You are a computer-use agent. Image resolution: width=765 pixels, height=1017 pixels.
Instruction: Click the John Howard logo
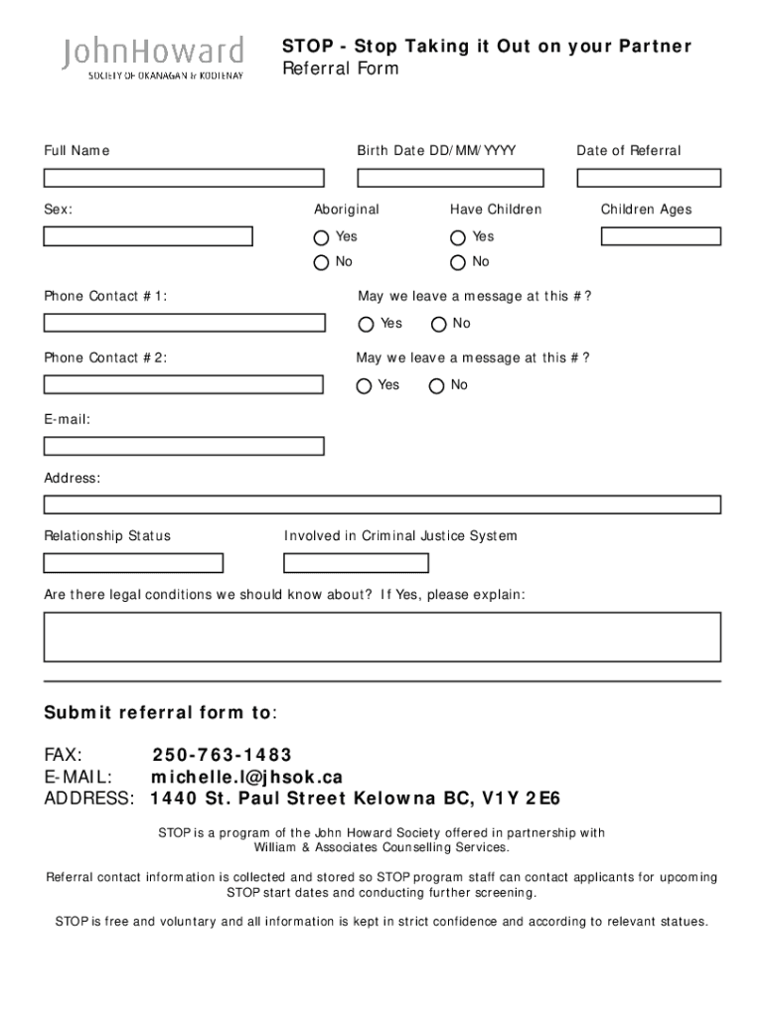[x=153, y=58]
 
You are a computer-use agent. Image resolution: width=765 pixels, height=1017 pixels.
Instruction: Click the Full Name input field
[x=184, y=178]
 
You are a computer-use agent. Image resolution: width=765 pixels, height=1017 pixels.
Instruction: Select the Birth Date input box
[x=450, y=178]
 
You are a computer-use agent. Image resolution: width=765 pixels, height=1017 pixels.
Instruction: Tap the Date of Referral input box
[x=649, y=178]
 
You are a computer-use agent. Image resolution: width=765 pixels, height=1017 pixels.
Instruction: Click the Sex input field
[x=148, y=236]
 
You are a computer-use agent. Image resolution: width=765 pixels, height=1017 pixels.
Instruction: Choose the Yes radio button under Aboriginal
[x=321, y=238]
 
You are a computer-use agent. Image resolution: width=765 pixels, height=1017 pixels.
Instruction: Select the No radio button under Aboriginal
[x=321, y=263]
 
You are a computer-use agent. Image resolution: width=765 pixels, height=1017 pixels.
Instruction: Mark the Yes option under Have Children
[x=458, y=238]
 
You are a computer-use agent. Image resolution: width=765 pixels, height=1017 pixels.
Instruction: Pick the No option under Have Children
[x=458, y=263]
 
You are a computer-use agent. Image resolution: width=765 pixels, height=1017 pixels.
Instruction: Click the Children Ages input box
[x=661, y=236]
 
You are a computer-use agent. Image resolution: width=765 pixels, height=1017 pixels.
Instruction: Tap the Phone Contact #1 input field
[x=184, y=323]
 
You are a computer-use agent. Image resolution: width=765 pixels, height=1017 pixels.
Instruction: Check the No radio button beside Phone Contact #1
[x=438, y=325]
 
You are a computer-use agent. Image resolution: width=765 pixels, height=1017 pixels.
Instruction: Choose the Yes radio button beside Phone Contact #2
[x=365, y=386]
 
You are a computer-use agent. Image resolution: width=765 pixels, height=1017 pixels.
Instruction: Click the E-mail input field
[x=184, y=446]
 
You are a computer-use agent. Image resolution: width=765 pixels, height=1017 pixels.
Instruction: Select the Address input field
[x=382, y=505]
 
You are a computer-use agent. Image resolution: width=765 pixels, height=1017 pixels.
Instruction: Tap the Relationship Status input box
[x=133, y=563]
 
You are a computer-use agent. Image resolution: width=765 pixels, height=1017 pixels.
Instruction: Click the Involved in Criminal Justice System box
[x=356, y=563]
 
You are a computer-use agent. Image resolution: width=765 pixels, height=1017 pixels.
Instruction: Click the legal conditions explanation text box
[x=382, y=637]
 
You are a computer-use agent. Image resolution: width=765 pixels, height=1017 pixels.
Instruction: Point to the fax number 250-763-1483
[x=223, y=756]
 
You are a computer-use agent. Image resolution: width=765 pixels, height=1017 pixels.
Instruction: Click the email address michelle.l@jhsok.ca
[x=246, y=778]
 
